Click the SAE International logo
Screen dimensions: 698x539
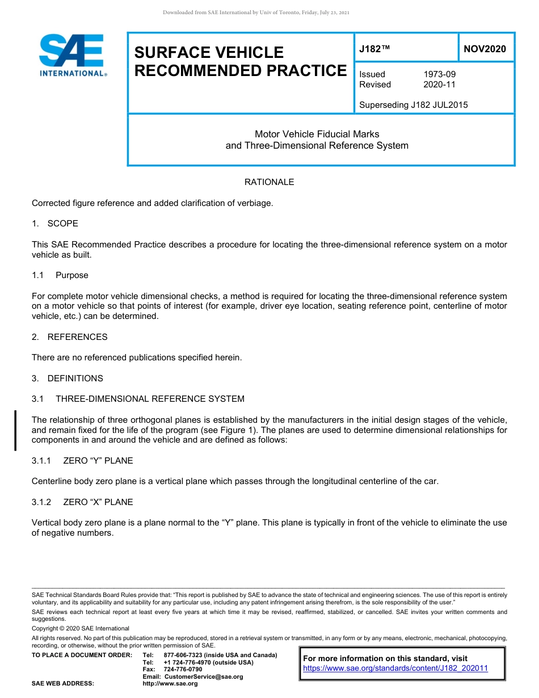(72, 56)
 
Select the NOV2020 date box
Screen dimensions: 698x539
(485, 49)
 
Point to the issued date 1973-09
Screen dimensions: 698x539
(439, 74)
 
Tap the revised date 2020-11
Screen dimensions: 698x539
(439, 85)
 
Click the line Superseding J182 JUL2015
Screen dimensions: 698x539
(414, 104)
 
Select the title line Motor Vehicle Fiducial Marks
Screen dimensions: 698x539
(317, 134)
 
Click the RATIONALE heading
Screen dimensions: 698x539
(269, 182)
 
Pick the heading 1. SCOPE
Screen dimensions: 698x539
(55, 224)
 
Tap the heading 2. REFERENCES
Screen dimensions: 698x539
(69, 337)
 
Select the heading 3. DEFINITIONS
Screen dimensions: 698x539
(68, 379)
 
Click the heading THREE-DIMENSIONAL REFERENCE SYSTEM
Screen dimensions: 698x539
(150, 399)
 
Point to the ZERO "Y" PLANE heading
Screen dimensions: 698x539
(98, 461)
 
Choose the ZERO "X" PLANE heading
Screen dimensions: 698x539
(98, 502)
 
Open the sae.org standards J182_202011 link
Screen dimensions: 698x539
(395, 668)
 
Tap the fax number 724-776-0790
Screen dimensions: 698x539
(183, 670)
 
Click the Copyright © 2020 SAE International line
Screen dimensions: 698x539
(81, 629)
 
